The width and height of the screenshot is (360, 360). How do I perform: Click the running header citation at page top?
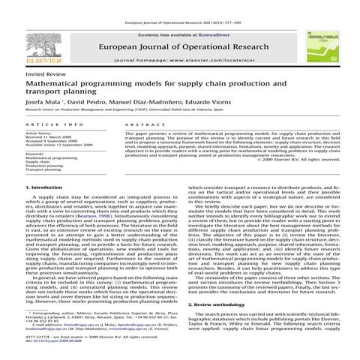tap(180, 4)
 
